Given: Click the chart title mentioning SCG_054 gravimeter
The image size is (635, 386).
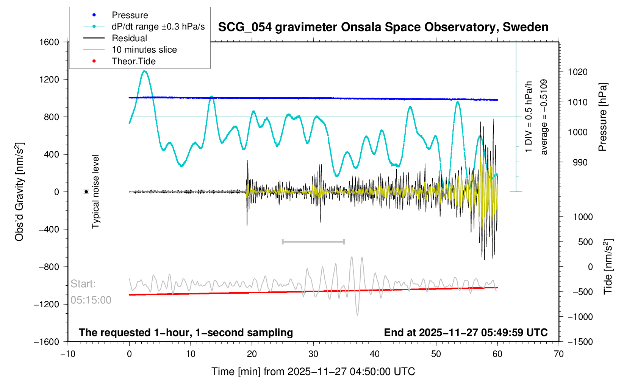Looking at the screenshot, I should [383, 27].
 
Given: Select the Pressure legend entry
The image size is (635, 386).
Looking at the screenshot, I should [130, 15].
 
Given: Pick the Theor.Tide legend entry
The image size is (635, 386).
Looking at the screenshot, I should [133, 61].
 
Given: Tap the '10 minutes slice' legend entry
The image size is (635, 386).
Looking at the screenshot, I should [144, 50].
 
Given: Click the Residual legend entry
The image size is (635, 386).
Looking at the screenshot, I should [129, 38].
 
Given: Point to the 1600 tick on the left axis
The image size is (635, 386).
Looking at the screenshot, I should [49, 42].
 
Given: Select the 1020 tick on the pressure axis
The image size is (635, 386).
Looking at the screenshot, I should [577, 72].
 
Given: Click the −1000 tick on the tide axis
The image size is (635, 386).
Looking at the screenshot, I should [580, 317].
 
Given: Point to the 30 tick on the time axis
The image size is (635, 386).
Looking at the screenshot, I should [313, 354].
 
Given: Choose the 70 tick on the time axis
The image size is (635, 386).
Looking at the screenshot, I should [558, 354].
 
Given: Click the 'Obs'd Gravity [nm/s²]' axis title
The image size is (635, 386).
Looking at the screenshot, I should [19, 192].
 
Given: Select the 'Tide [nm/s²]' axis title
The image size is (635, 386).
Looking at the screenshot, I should [608, 267].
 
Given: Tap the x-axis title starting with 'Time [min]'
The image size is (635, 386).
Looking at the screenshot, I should [313, 372].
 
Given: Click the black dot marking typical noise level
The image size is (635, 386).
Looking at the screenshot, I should [86, 192].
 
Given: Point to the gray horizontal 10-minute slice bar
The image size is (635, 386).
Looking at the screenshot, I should [313, 241].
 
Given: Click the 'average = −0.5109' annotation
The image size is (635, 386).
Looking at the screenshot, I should [544, 117].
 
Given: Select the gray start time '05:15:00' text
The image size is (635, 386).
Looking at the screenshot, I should [91, 300].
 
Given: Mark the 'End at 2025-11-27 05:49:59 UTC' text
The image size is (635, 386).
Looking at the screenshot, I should [466, 333].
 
